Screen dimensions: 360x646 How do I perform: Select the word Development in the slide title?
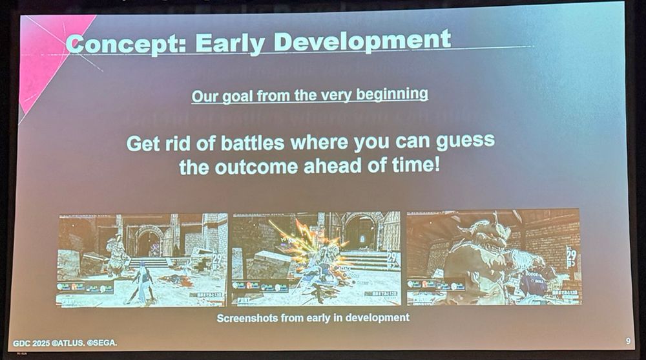362,41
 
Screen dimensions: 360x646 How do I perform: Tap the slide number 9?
628,340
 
